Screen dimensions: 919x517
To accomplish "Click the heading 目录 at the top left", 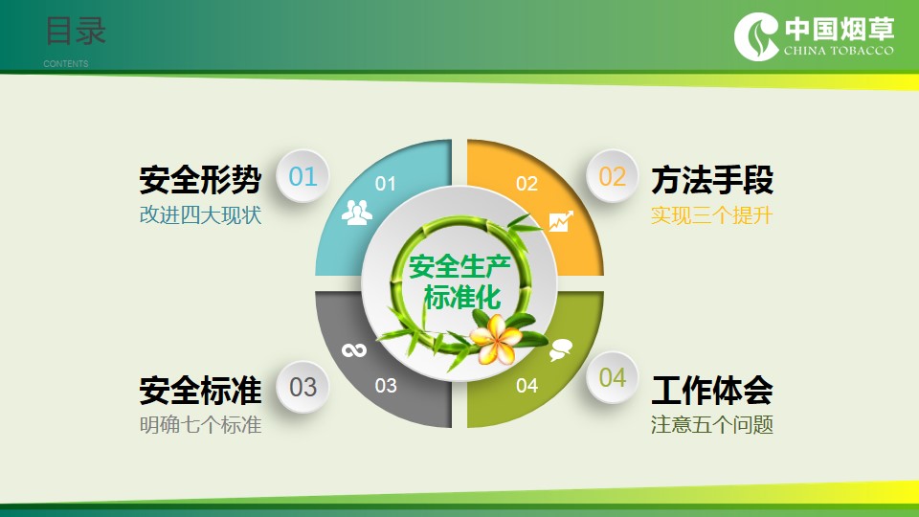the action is pyautogui.click(x=77, y=31).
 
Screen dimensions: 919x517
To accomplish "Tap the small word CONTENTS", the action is pyautogui.click(x=66, y=63).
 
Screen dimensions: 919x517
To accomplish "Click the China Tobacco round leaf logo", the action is pyautogui.click(x=756, y=36).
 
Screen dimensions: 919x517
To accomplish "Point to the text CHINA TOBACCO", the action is pyautogui.click(x=839, y=51).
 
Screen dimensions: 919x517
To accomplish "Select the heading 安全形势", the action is pyautogui.click(x=200, y=179).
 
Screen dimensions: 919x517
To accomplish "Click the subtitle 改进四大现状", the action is pyautogui.click(x=200, y=215).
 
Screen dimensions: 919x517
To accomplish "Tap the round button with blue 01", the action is pyautogui.click(x=303, y=176).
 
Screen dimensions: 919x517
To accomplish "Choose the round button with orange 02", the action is pyautogui.click(x=612, y=176).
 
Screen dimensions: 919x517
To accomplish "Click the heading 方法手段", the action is pyautogui.click(x=712, y=179).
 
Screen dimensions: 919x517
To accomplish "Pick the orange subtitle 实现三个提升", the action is pyautogui.click(x=712, y=215).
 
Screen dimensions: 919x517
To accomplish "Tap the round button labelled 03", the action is pyautogui.click(x=303, y=387).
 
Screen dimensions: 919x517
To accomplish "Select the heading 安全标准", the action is pyautogui.click(x=200, y=391).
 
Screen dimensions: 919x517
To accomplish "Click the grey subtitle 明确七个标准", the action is pyautogui.click(x=200, y=424).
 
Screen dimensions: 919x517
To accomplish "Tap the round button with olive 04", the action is pyautogui.click(x=612, y=377).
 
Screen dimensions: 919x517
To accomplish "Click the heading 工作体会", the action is pyautogui.click(x=712, y=391).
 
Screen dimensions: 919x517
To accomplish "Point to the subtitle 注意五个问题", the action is pyautogui.click(x=712, y=424).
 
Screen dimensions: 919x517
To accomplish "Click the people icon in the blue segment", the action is pyautogui.click(x=356, y=213).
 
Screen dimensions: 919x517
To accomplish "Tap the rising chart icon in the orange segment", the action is pyautogui.click(x=561, y=221).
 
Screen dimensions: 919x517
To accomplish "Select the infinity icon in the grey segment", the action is pyautogui.click(x=354, y=350).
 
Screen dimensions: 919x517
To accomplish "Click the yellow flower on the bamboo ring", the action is pyautogui.click(x=495, y=339).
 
